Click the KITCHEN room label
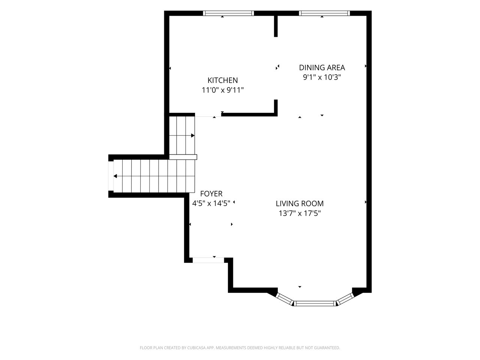coord(222,80)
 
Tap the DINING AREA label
coord(322,68)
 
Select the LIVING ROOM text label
coord(300,204)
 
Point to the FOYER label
coord(211,193)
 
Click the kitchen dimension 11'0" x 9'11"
coord(222,90)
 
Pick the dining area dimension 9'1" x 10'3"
coord(322,77)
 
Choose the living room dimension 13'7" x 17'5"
coord(300,213)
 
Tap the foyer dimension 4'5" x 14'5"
coord(211,204)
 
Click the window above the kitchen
coord(228,13)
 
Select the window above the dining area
coord(324,13)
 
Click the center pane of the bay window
coord(315,303)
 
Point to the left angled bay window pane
coord(284,299)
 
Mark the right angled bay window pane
coord(345,299)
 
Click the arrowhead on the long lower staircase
coord(115,176)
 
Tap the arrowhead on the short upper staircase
coord(193,135)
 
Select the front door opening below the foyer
coord(208,260)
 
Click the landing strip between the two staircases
coord(183,157)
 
